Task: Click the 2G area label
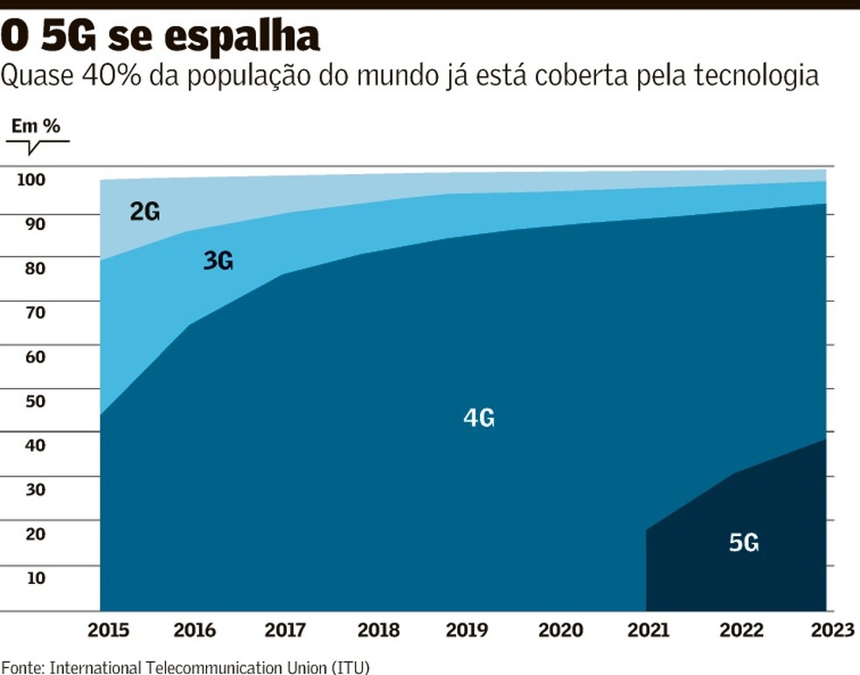145,211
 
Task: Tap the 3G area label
218,260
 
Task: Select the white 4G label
479,419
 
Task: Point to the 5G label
744,543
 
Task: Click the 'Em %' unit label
35,126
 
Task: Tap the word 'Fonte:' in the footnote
23,667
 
